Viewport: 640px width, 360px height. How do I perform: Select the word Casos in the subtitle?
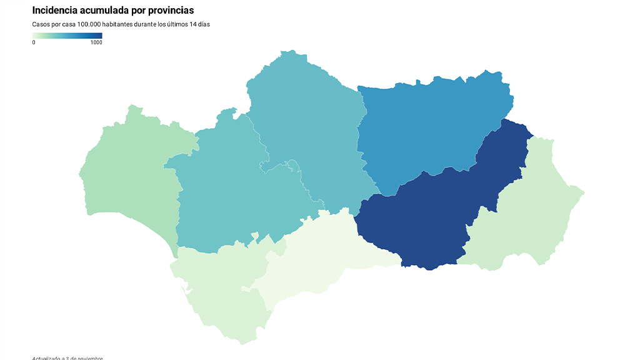pyautogui.click(x=41, y=24)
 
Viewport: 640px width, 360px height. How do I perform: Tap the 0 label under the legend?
pyautogui.click(x=34, y=42)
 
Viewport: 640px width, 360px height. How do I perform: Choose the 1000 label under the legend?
pyautogui.click(x=96, y=42)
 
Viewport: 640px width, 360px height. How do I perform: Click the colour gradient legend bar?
pyautogui.click(x=67, y=36)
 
